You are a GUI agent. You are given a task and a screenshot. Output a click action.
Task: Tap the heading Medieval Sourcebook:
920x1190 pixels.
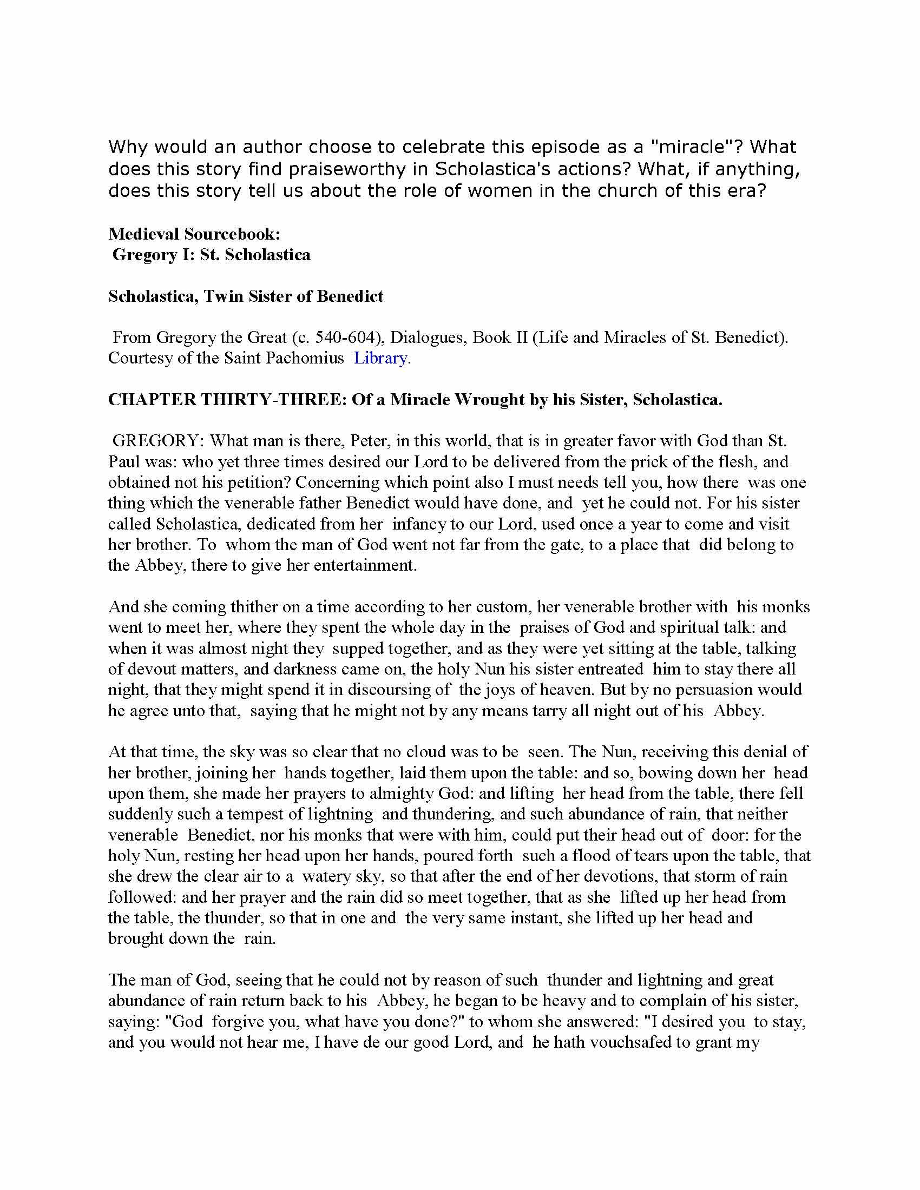coord(194,234)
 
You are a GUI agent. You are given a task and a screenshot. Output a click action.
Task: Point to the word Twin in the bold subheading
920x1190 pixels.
coord(224,296)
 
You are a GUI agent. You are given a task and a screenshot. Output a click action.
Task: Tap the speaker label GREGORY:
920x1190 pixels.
coord(158,441)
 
